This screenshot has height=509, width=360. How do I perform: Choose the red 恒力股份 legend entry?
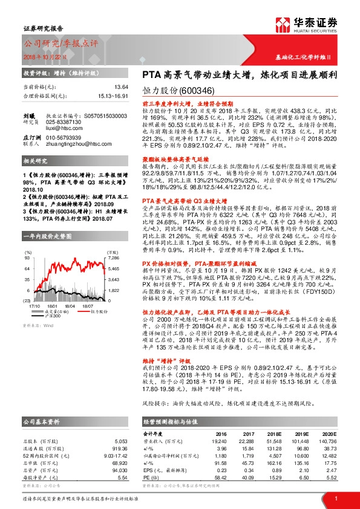coord(100,294)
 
